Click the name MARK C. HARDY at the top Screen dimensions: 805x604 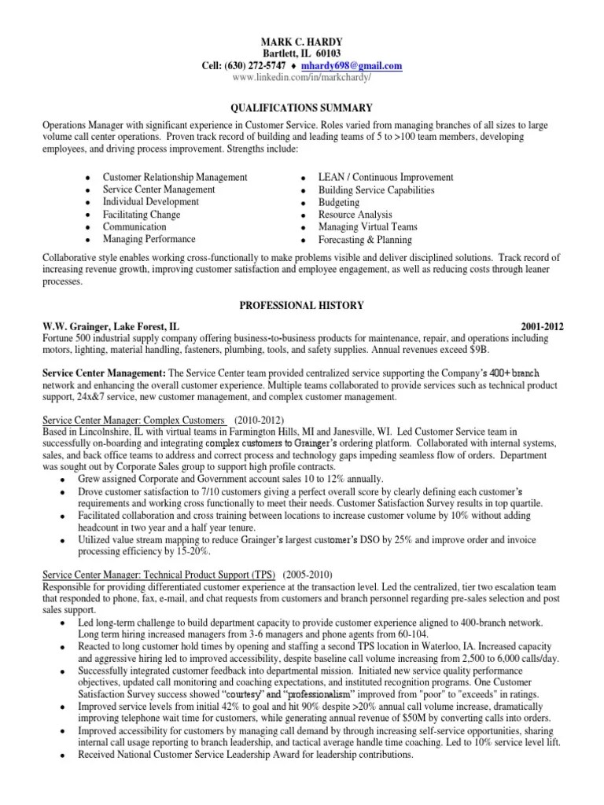(302, 41)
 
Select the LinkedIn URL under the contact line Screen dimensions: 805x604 (302, 79)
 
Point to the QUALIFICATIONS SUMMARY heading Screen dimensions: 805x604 (302, 108)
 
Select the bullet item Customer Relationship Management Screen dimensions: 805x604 (175, 178)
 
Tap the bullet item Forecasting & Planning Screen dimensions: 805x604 (364, 240)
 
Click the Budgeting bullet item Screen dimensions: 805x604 (339, 203)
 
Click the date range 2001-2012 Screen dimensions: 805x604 (542, 325)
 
